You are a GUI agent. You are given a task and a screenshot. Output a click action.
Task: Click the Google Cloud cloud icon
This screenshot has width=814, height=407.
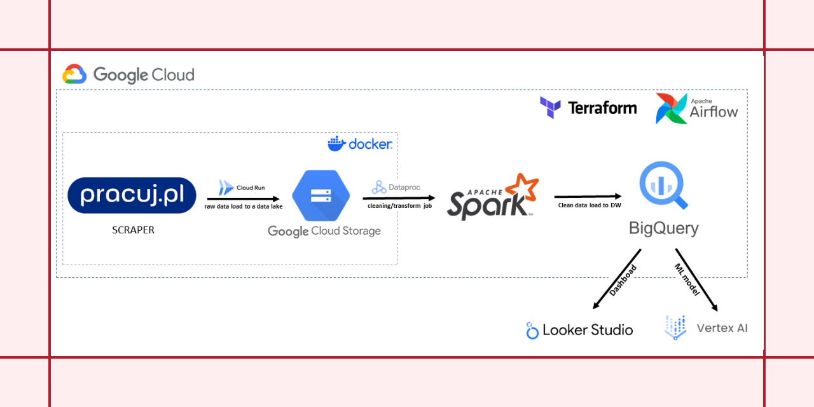(x=74, y=74)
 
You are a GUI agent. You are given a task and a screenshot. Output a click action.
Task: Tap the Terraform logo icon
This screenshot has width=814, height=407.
(x=550, y=107)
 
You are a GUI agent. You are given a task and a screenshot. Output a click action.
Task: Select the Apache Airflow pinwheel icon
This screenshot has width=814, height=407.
(x=672, y=108)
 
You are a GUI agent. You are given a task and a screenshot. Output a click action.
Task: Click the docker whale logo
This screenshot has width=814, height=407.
(x=336, y=144)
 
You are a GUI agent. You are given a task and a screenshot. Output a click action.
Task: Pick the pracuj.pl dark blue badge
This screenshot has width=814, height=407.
(x=132, y=195)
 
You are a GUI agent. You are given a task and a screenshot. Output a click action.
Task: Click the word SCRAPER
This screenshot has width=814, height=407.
(x=133, y=230)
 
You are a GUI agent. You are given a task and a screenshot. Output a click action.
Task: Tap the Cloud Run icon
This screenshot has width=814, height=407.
(x=226, y=187)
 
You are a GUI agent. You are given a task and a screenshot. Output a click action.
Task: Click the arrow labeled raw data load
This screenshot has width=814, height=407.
(x=244, y=198)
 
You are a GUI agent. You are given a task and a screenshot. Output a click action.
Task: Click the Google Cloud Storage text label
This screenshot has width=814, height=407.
(x=324, y=231)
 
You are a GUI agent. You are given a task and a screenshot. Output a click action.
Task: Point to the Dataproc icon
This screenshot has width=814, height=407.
(x=379, y=187)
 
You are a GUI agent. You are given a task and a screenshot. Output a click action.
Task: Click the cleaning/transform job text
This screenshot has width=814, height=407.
(x=399, y=205)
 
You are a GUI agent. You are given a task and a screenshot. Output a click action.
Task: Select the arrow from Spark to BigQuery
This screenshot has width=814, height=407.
(x=587, y=197)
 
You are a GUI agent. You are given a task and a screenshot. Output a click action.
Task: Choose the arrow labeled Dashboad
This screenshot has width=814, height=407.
(x=616, y=279)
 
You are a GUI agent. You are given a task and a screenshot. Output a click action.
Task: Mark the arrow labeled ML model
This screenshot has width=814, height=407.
(x=696, y=280)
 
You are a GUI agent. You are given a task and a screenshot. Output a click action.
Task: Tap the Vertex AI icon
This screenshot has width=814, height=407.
(x=675, y=328)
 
